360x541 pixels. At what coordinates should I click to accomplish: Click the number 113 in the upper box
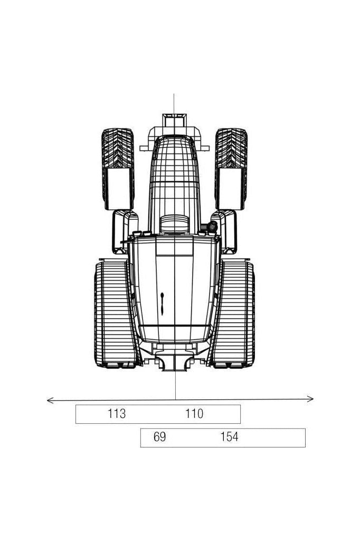117,413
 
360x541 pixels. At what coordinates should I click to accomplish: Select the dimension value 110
194,413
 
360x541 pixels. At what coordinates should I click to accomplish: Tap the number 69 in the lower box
159,437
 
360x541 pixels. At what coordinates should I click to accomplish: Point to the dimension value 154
229,437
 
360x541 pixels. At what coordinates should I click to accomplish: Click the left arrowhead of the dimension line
50,400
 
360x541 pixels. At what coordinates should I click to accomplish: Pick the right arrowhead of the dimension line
310,399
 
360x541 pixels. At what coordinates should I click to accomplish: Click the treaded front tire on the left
118,148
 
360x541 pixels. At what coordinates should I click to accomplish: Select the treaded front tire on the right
231,148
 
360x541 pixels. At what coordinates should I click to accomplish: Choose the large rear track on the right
234,314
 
